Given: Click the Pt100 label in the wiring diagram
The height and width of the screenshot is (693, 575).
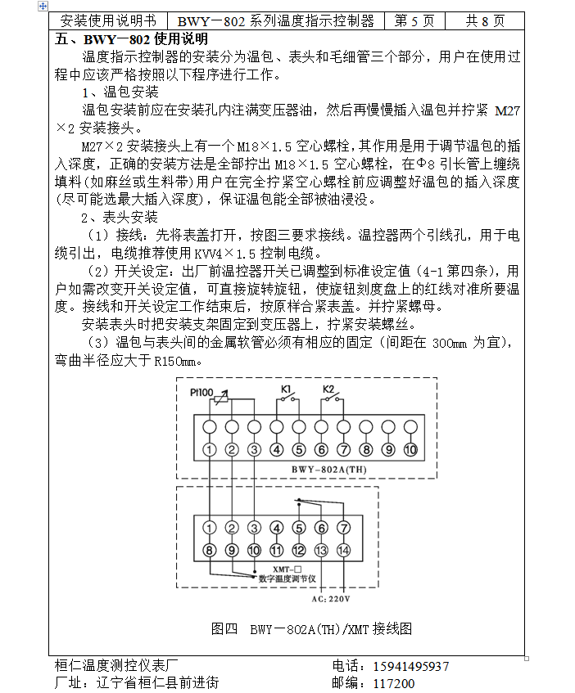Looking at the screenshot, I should click(x=202, y=391).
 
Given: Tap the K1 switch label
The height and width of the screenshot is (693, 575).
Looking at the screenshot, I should click(x=287, y=388).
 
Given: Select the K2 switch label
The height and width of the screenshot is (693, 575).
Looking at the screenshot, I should click(x=328, y=388).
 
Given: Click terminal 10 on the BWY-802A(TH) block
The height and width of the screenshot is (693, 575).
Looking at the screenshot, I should click(x=410, y=449).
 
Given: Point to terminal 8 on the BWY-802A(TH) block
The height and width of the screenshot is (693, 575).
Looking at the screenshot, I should click(x=366, y=449).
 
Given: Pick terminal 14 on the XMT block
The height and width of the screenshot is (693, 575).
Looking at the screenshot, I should click(x=343, y=550).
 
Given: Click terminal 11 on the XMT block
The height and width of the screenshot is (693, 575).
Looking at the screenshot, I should click(x=277, y=550).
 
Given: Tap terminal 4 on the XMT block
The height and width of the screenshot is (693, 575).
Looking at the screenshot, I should click(x=277, y=528).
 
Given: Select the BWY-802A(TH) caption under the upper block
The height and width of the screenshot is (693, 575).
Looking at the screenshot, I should click(x=328, y=469).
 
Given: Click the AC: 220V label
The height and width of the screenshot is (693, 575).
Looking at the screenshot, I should click(x=330, y=598).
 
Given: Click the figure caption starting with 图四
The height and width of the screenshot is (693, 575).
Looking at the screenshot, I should click(x=310, y=628).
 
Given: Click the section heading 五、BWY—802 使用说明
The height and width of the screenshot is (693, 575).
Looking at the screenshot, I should click(x=132, y=38).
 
